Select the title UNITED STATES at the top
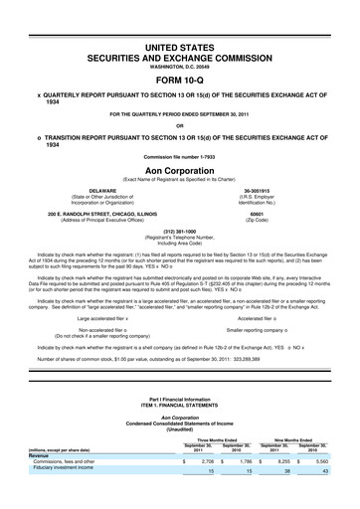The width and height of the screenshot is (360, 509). (179, 47)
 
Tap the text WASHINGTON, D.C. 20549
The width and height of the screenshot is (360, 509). (179, 68)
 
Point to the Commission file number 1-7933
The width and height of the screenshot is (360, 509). (179, 157)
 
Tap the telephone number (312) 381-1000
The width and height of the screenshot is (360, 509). (179, 234)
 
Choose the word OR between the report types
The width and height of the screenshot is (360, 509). (179, 125)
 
